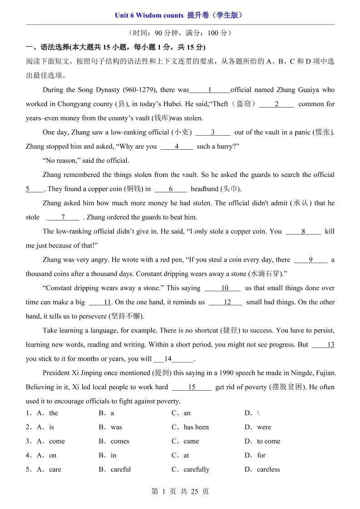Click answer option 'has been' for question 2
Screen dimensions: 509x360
click(x=196, y=427)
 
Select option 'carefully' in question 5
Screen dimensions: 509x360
click(x=196, y=470)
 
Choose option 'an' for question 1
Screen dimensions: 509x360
click(x=187, y=413)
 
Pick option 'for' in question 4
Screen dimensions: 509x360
click(x=261, y=455)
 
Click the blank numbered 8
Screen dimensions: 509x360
click(x=303, y=231)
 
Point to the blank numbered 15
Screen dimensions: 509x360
click(x=192, y=387)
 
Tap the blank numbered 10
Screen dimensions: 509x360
click(x=225, y=288)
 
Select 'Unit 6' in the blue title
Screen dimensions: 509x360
click(x=125, y=15)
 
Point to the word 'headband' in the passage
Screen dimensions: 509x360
click(x=204, y=189)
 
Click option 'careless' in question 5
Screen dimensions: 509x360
click(x=268, y=470)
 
